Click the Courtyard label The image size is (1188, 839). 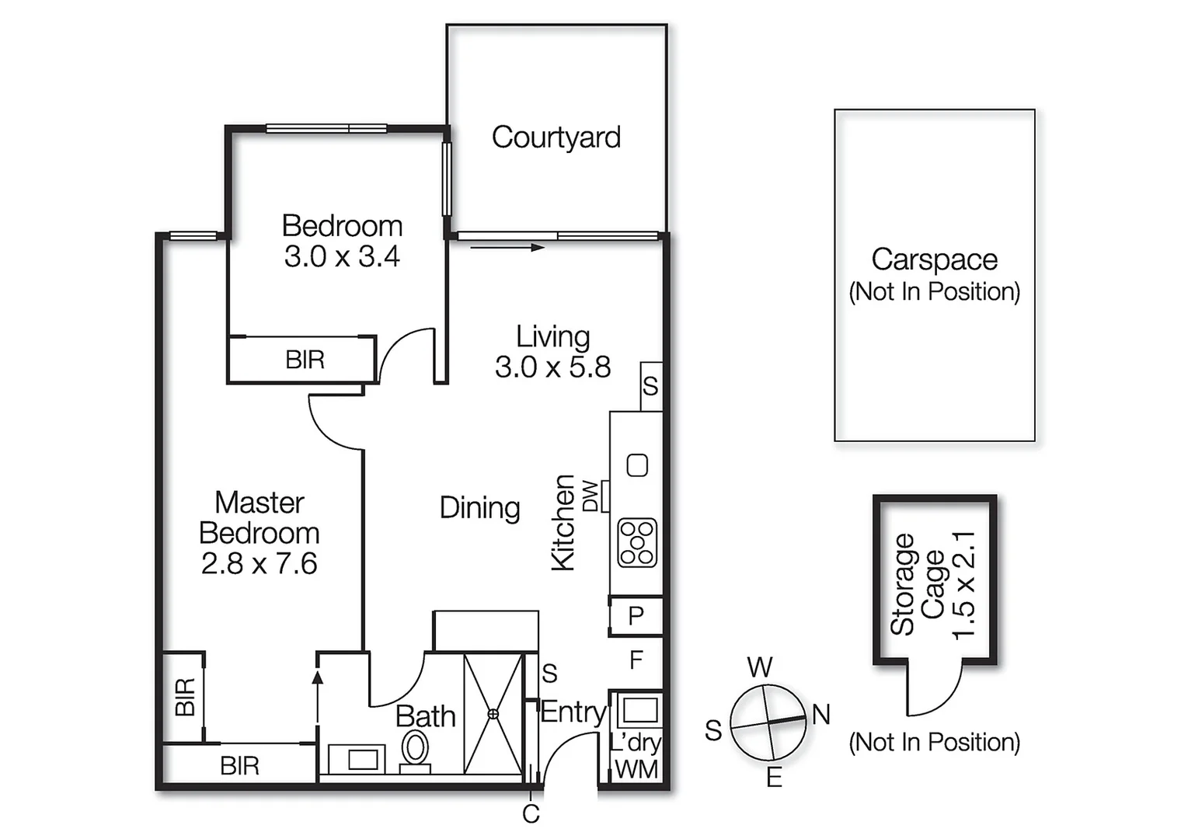click(556, 138)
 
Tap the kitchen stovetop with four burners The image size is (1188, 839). click(637, 542)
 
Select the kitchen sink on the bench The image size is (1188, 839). click(637, 465)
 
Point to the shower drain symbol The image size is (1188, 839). click(493, 713)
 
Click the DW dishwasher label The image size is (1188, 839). click(591, 496)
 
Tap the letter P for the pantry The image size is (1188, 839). click(636, 615)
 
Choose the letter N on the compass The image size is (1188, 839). click(821, 714)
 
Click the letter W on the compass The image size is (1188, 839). click(760, 667)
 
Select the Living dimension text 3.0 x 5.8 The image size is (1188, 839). click(552, 367)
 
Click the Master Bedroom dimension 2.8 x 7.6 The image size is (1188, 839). click(259, 563)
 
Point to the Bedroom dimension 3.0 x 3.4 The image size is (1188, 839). click(342, 256)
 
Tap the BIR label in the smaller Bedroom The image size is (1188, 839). click(305, 360)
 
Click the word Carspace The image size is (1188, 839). click(934, 259)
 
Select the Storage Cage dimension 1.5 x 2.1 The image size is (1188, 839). click(963, 585)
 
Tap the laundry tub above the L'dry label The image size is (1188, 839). click(639, 710)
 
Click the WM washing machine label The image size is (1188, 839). click(636, 769)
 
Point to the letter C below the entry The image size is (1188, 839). click(531, 814)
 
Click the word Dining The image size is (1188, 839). click(479, 508)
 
